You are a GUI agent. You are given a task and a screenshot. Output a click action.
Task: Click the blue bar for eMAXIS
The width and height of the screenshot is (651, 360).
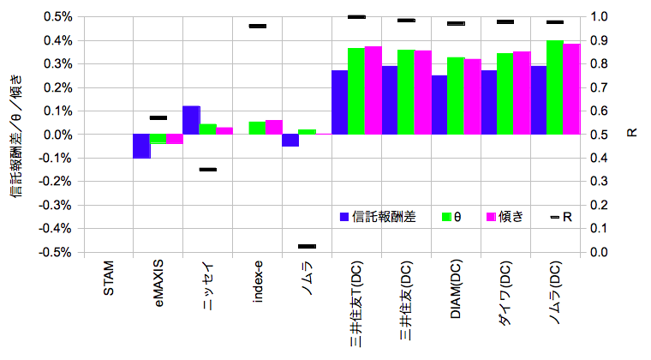[140, 146]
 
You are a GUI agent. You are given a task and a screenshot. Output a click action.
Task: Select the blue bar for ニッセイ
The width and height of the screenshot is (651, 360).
[191, 120]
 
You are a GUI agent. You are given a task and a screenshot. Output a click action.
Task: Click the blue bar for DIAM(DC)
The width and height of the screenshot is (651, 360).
[439, 105]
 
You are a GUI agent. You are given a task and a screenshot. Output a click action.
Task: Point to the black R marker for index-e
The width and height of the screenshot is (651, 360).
[258, 27]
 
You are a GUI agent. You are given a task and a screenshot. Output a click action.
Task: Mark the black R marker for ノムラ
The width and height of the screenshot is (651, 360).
[307, 247]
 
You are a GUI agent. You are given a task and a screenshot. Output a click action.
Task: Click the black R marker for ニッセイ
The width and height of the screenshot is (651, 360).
[208, 170]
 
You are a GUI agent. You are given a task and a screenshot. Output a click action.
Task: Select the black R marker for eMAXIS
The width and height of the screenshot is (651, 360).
[158, 117]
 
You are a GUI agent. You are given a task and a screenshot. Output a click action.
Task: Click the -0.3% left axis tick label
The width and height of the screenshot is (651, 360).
[54, 206]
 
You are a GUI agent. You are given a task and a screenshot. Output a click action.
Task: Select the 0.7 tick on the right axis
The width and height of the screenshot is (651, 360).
[599, 87]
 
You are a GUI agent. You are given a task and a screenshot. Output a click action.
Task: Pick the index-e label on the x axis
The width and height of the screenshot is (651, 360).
[258, 285]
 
